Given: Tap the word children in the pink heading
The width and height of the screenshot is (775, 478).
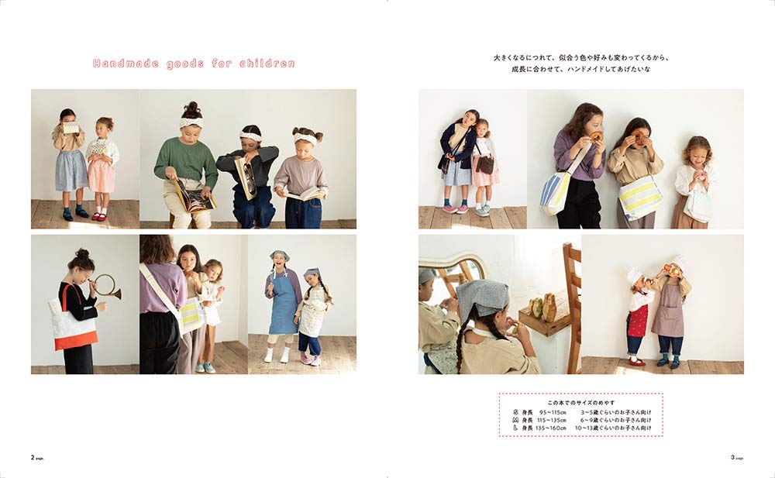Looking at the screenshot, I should click(268, 64).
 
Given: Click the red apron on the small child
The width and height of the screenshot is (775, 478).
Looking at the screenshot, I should click(637, 320).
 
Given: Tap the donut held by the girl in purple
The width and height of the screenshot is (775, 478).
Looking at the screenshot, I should click(595, 136).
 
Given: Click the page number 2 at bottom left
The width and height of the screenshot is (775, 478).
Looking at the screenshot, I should click(33, 457).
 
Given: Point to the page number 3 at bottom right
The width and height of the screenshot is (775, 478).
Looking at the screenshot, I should click(732, 457).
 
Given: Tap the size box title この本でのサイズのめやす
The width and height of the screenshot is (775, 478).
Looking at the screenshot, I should click(580, 403).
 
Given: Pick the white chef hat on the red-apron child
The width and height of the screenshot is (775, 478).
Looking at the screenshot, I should click(634, 274).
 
